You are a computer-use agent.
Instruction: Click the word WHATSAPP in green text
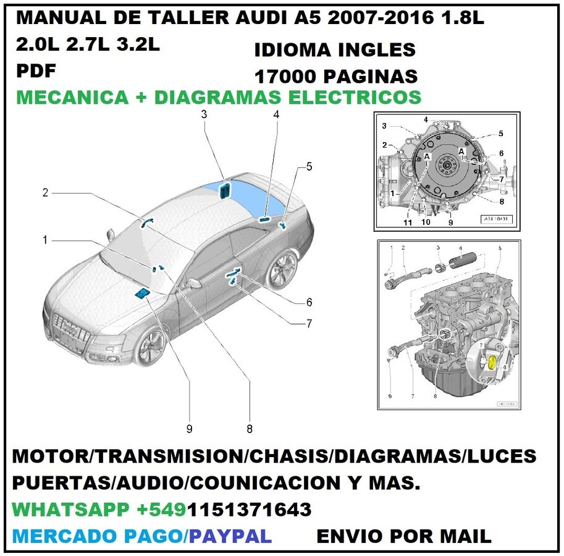click(68, 510)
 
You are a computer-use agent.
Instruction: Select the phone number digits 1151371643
click(250, 510)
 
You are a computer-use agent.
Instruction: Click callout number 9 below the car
click(189, 428)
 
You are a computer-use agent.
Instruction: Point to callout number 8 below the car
click(250, 428)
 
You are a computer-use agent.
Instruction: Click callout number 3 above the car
click(204, 114)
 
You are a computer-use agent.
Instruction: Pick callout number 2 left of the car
click(45, 193)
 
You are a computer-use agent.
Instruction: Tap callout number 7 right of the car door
click(308, 322)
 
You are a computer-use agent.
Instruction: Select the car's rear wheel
click(282, 270)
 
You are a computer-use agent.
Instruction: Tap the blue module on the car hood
click(142, 293)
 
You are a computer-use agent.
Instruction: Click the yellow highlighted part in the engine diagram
click(492, 363)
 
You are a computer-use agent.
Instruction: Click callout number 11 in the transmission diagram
click(408, 222)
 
